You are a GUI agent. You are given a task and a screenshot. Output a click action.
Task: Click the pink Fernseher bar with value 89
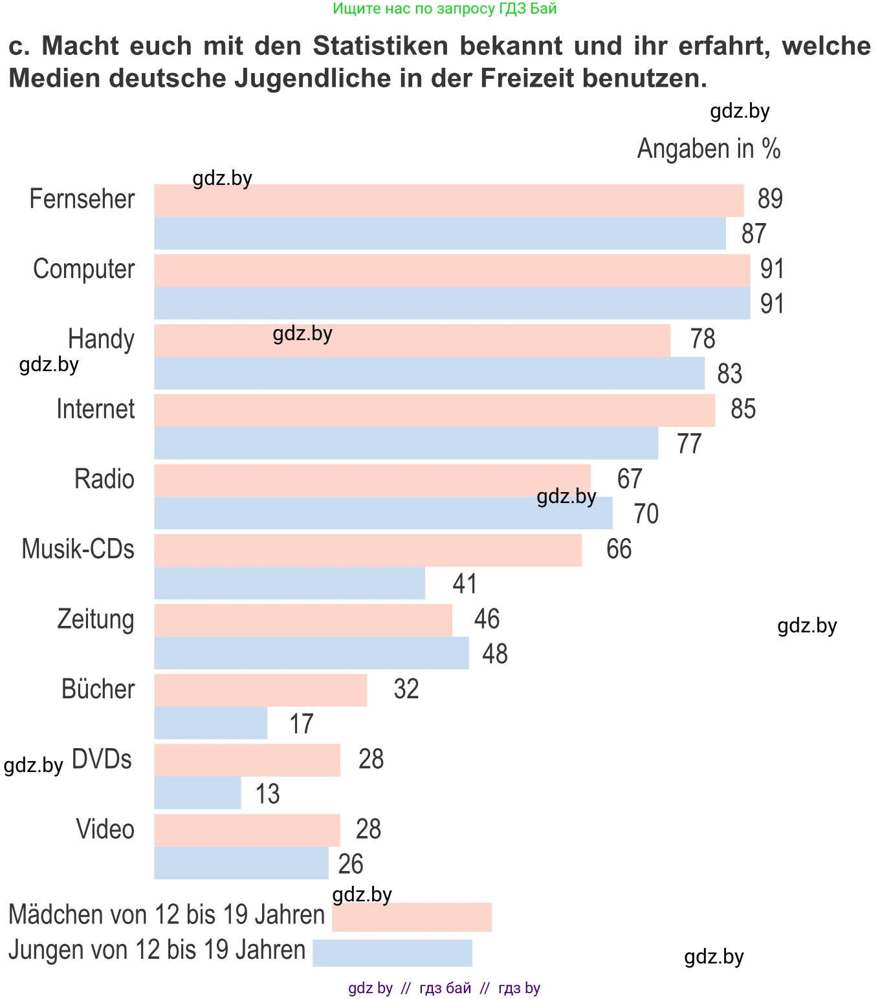coord(448,200)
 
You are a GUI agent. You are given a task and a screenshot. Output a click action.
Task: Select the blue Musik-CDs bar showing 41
coord(289,583)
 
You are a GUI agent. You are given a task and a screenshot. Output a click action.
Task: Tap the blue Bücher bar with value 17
coord(210,723)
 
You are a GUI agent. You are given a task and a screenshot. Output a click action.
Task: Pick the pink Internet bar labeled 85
coord(434,411)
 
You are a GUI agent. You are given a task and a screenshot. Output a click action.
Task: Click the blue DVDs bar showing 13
coord(197,793)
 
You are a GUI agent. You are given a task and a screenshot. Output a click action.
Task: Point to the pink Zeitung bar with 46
coord(303,620)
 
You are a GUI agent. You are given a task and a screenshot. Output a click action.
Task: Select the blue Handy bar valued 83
coord(429,373)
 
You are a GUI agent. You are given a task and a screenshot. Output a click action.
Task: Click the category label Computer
coord(83,269)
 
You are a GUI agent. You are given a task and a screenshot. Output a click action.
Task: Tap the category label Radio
coord(104,479)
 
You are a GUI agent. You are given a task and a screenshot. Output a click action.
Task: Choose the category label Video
coord(105,829)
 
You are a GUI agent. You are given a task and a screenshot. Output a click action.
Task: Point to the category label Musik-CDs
coord(78,549)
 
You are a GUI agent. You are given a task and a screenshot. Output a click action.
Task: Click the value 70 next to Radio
coord(646,514)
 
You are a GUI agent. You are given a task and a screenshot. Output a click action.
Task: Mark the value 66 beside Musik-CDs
coord(619,549)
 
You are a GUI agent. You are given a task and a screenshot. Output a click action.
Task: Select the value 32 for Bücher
coord(406,689)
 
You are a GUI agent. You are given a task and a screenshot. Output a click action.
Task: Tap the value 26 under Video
coord(351,864)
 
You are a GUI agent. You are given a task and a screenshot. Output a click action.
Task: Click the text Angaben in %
coord(709,149)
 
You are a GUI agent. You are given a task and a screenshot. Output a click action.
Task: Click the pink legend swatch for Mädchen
coord(412,917)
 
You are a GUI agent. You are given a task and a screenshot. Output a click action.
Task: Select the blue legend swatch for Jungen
coord(392,952)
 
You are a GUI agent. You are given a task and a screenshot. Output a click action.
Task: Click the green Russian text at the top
coord(445,8)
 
